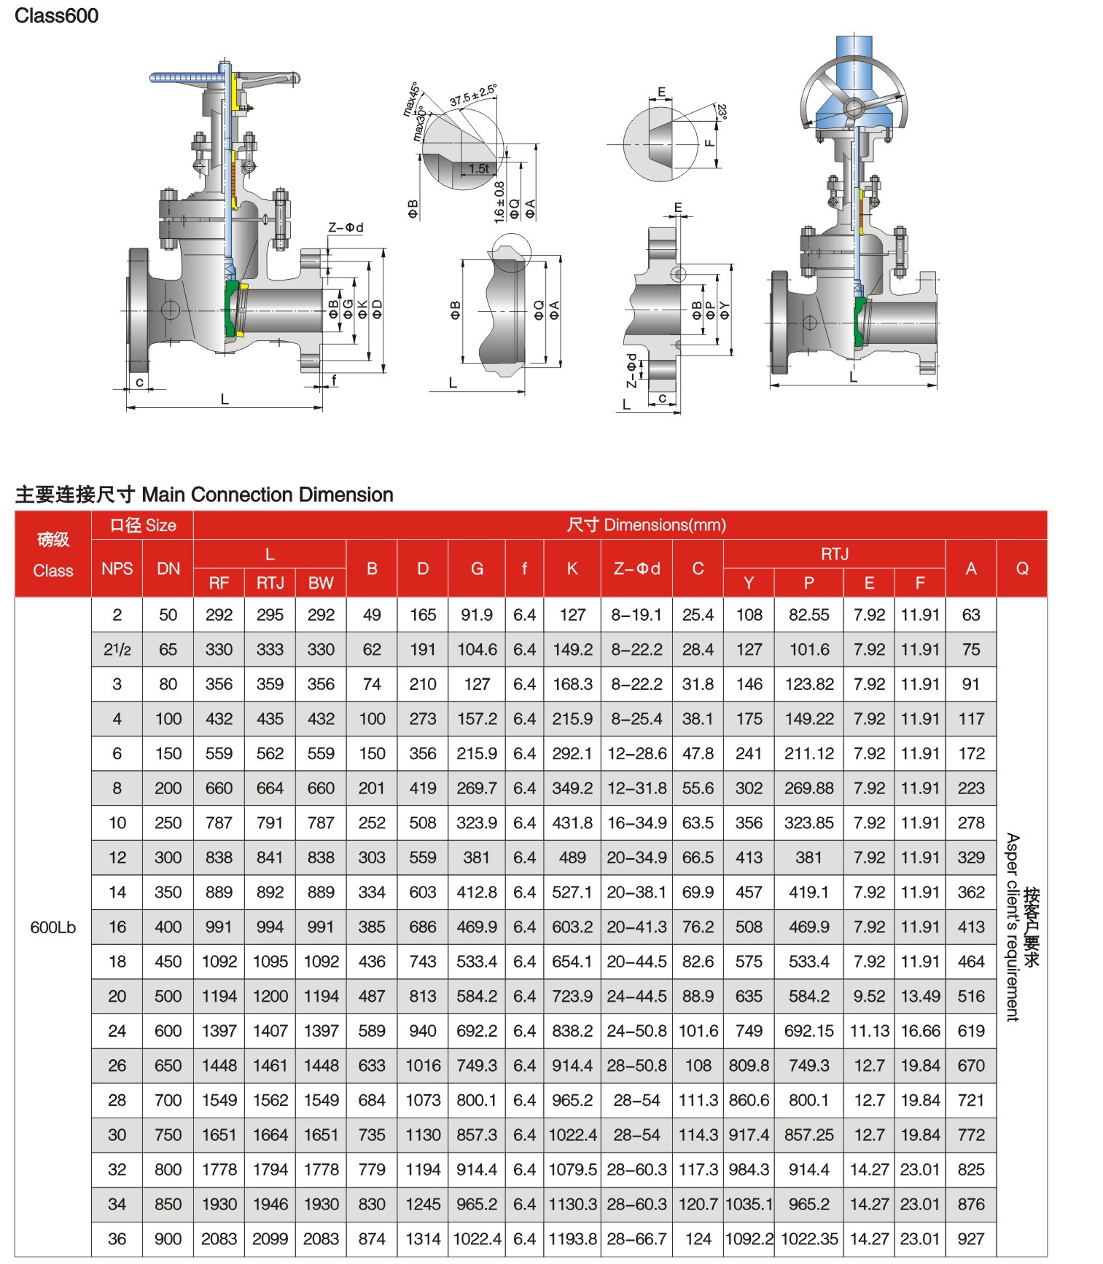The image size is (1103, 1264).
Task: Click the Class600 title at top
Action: tap(56, 15)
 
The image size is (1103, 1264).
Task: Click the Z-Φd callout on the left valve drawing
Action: tap(346, 227)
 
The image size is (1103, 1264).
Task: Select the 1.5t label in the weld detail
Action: tap(479, 168)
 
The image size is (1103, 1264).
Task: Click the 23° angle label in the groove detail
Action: tap(722, 112)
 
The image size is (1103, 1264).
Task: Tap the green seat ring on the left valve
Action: tap(232, 310)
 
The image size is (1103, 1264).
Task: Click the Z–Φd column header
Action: tap(636, 568)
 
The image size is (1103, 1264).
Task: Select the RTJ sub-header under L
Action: tap(270, 583)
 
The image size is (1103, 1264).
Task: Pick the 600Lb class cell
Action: tap(52, 927)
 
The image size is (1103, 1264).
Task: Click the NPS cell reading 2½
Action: tap(117, 649)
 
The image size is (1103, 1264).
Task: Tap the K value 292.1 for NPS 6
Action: tap(572, 753)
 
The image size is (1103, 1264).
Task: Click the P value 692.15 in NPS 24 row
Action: tap(808, 1031)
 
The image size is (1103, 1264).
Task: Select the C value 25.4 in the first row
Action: tap(698, 615)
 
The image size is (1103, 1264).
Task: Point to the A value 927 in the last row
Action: tap(970, 1239)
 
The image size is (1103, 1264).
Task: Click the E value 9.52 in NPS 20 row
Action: tap(869, 996)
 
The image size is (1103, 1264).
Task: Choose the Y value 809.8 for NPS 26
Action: tap(749, 1065)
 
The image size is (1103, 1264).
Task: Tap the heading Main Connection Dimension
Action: tap(268, 495)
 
